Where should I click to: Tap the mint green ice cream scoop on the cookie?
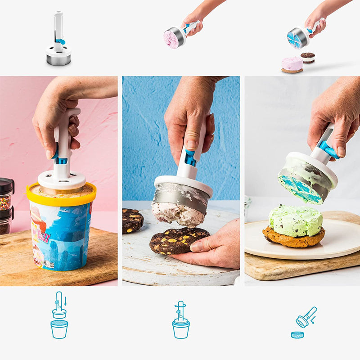[295, 220]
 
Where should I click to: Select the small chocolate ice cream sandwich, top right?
[308, 57]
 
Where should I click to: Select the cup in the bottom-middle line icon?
[181, 329]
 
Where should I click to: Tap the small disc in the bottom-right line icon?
[297, 334]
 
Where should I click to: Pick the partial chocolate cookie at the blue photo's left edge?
[132, 221]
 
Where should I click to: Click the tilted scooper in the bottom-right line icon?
[306, 317]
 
